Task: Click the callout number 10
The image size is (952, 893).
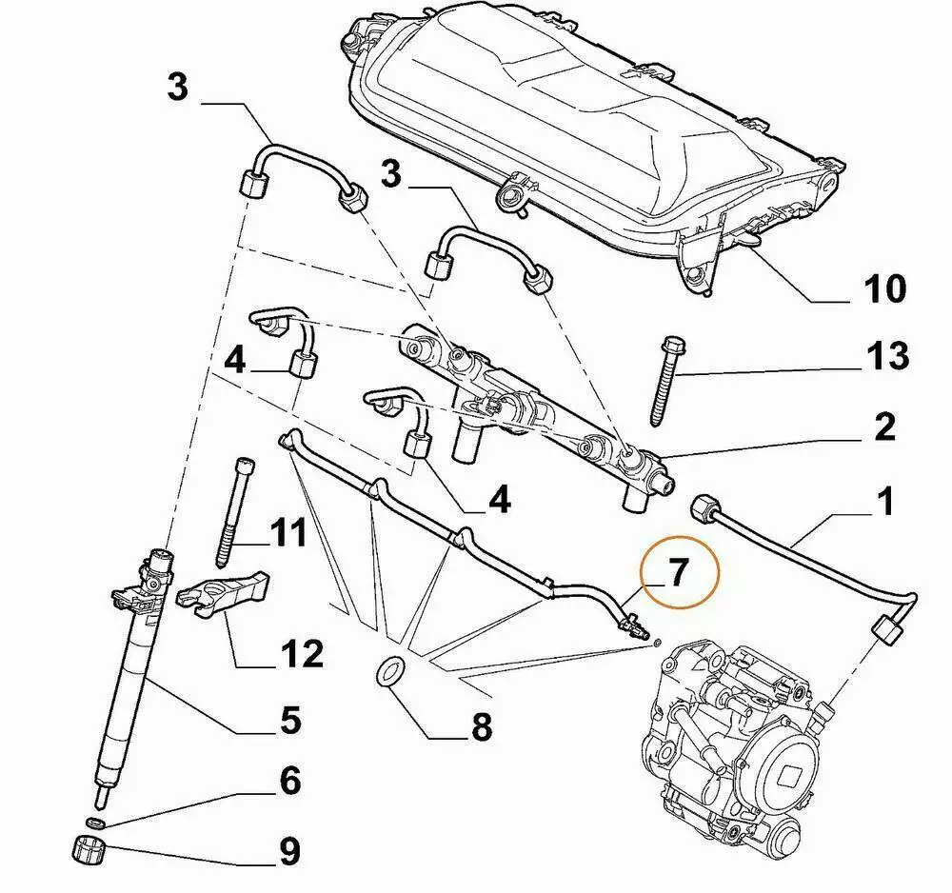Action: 883,288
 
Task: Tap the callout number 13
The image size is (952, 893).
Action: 886,357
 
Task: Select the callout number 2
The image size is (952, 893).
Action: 884,427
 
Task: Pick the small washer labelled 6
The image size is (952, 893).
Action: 95,821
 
